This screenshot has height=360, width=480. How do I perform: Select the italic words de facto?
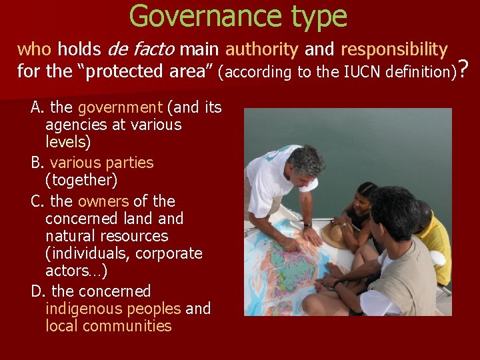141,49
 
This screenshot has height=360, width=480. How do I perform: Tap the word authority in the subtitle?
261,49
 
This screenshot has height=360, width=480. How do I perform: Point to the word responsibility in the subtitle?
394,49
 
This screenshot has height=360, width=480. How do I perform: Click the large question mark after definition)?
465,68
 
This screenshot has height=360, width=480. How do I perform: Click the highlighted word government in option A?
120,107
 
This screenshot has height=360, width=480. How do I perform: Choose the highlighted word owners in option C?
103,201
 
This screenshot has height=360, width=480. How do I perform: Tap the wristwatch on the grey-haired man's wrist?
308,225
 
